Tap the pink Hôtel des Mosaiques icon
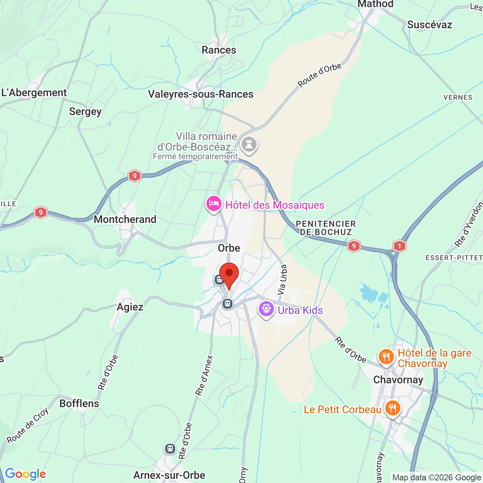tap(214, 204)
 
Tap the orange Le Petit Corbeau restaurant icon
tap(392, 409)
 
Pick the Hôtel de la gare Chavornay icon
tap(386, 356)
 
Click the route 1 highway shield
tap(399, 246)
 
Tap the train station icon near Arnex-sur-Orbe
tap(170, 449)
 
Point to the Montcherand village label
tap(125, 219)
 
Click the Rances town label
tap(219, 50)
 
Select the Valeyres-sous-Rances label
tap(200, 94)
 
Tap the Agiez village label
tap(130, 307)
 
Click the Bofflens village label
tap(79, 403)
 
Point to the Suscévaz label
tap(429, 25)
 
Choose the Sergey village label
tap(85, 112)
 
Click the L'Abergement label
tap(34, 93)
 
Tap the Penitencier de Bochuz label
tap(326, 228)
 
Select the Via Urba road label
tap(282, 279)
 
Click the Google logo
tap(25, 474)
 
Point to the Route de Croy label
tap(28, 425)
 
